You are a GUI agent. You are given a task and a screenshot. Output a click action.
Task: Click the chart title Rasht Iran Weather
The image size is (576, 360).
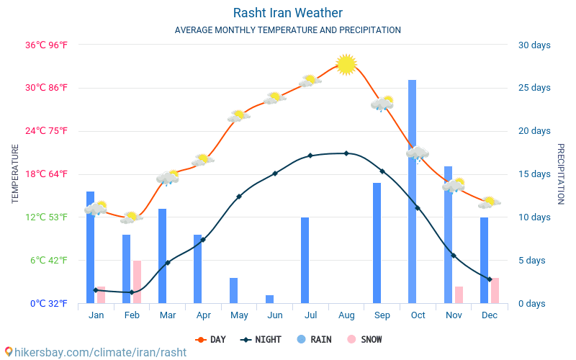click(x=288, y=13)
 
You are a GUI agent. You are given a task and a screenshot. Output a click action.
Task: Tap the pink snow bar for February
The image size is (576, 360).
click(x=137, y=282)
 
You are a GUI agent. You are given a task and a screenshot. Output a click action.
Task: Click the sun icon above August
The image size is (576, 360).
click(x=346, y=64)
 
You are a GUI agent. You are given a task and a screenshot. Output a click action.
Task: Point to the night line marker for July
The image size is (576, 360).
click(x=310, y=156)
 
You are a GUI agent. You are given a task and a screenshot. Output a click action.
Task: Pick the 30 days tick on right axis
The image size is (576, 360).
click(x=534, y=45)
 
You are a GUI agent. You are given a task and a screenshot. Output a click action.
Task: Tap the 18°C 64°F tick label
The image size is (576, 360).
click(x=49, y=174)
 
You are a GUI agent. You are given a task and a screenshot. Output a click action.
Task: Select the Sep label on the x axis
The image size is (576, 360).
click(x=382, y=315)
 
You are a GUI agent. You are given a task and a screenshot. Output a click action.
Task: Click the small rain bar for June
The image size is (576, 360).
click(x=269, y=299)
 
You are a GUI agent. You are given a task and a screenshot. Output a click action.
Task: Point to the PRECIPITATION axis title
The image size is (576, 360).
click(x=561, y=174)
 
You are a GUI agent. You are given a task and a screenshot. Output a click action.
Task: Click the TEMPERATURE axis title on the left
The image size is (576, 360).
click(x=15, y=174)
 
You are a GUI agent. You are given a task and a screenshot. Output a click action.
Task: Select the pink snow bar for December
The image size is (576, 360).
click(x=495, y=290)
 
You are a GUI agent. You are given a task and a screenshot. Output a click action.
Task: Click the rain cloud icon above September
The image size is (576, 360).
click(x=382, y=104)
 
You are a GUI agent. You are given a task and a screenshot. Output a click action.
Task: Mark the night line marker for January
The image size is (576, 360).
click(x=96, y=290)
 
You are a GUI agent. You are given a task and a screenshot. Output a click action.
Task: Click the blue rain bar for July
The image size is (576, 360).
click(x=305, y=260)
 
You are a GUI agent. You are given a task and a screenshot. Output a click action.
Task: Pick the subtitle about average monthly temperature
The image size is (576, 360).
click(x=288, y=30)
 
